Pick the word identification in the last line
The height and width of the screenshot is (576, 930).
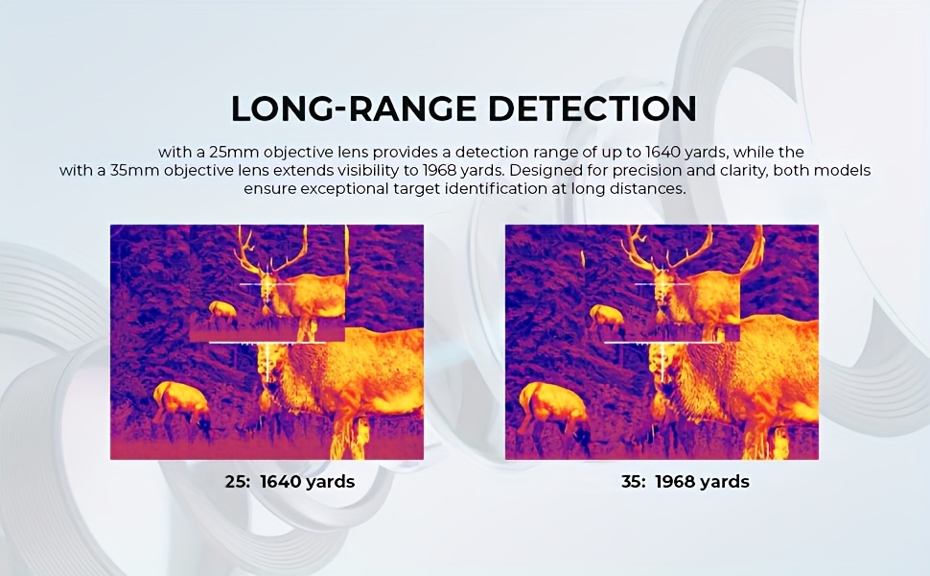pos(504,189)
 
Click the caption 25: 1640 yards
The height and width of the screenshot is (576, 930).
pos(291,481)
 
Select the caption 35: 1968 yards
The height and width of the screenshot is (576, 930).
pos(686,481)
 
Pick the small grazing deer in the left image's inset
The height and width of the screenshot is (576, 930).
pos(223,313)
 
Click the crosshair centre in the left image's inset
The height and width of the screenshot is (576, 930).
pos(267,284)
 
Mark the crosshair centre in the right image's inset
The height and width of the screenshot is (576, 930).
pos(662,284)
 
